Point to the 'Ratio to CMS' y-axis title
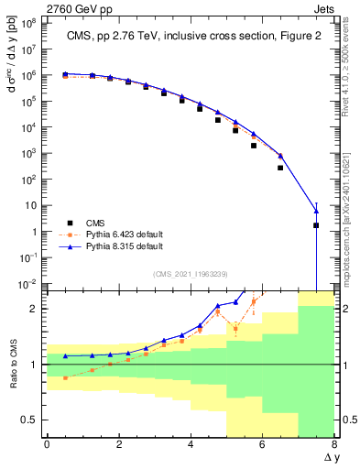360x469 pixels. coord(10,365)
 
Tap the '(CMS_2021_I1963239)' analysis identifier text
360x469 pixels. coord(191,274)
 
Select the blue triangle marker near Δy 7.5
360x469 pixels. coord(316,211)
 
